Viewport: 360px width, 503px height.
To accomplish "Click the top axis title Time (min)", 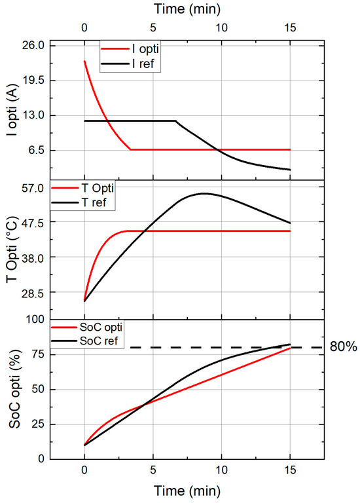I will click(187, 9).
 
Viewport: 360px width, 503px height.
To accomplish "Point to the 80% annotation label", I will click(343, 347).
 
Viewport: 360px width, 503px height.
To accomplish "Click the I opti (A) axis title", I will click(10, 112).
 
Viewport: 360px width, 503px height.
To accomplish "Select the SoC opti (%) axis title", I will click(10, 389).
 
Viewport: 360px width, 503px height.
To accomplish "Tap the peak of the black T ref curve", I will click(204, 193).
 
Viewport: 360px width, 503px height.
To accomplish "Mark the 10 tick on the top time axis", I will click(221, 28).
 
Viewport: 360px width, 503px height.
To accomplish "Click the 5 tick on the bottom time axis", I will click(153, 470).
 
